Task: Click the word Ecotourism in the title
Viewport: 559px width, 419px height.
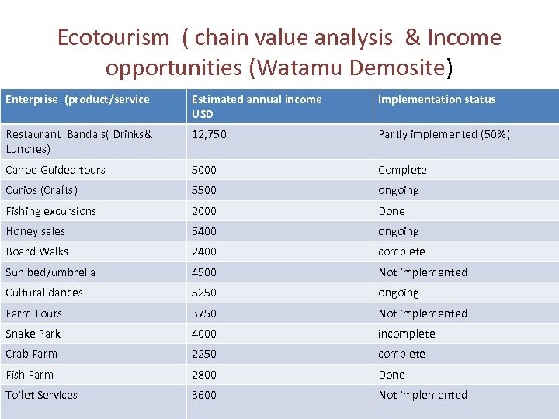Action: (x=113, y=37)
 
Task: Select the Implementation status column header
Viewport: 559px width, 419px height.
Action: (x=436, y=99)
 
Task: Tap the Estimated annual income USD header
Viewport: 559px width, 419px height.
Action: (x=256, y=106)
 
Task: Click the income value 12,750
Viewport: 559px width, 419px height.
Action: (x=209, y=134)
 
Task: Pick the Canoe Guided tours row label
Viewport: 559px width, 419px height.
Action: (x=55, y=170)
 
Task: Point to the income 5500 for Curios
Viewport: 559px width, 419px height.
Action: (x=204, y=190)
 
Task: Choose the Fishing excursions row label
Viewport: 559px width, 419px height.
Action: (x=50, y=211)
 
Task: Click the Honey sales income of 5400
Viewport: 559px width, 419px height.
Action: (x=204, y=231)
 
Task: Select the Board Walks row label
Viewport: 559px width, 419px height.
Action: (x=36, y=251)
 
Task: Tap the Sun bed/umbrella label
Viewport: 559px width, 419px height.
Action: (x=50, y=272)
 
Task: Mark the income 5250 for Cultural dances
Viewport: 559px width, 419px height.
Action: (x=204, y=293)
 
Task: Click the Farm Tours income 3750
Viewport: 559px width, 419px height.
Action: (x=204, y=313)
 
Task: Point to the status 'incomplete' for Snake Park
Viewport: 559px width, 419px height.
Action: (x=406, y=334)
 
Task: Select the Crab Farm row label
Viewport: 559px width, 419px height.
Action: (x=31, y=354)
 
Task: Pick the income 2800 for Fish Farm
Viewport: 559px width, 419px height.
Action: (x=204, y=375)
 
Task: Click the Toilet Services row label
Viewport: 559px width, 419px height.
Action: (x=41, y=395)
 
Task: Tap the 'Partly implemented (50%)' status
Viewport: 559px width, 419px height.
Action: (x=444, y=134)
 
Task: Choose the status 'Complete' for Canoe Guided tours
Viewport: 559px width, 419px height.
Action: (x=402, y=170)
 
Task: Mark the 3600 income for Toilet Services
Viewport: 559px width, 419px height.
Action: (x=204, y=395)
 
